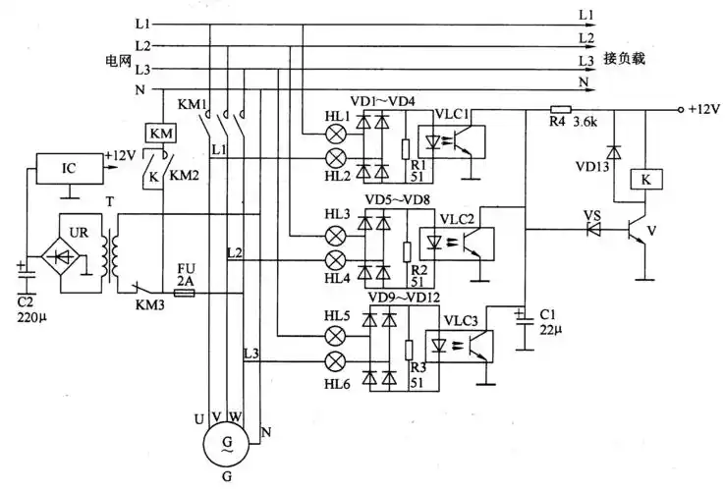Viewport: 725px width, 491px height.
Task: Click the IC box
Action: click(x=68, y=168)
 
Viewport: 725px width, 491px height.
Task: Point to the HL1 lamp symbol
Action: click(x=337, y=133)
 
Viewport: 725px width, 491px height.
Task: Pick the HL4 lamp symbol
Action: click(x=337, y=259)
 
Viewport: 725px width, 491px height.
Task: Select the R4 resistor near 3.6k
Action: click(x=561, y=109)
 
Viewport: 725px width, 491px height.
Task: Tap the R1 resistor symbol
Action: click(x=407, y=149)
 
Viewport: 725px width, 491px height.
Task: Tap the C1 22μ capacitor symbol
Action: click(x=523, y=315)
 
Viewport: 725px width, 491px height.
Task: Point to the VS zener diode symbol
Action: click(x=592, y=231)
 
